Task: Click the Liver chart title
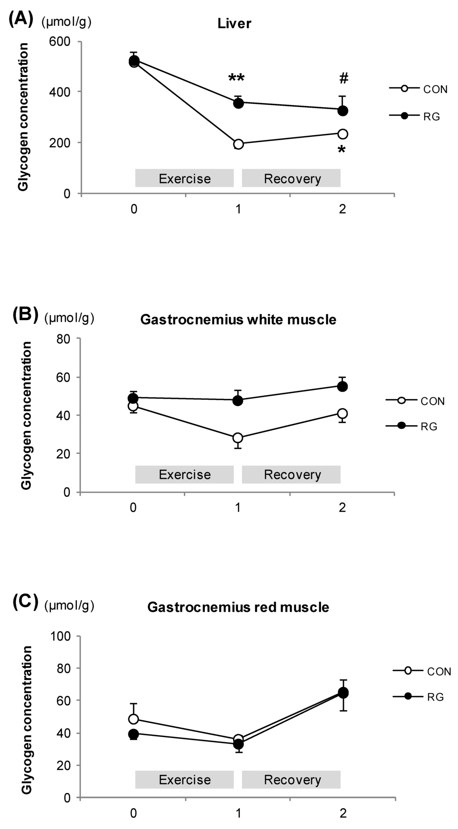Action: click(x=234, y=24)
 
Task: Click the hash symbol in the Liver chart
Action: click(x=343, y=79)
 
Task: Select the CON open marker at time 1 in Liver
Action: click(x=238, y=144)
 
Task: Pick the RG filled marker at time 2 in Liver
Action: click(x=343, y=111)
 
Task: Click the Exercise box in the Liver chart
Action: click(x=184, y=179)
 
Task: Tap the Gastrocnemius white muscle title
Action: click(x=238, y=320)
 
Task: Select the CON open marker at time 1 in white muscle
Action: click(x=238, y=438)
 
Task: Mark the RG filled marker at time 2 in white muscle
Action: click(x=343, y=386)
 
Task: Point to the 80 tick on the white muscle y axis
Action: click(x=64, y=339)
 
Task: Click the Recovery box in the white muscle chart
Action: click(x=292, y=474)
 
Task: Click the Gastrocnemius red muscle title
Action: click(x=238, y=607)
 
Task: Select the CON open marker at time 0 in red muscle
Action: click(x=133, y=719)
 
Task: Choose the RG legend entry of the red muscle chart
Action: click(x=419, y=697)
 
